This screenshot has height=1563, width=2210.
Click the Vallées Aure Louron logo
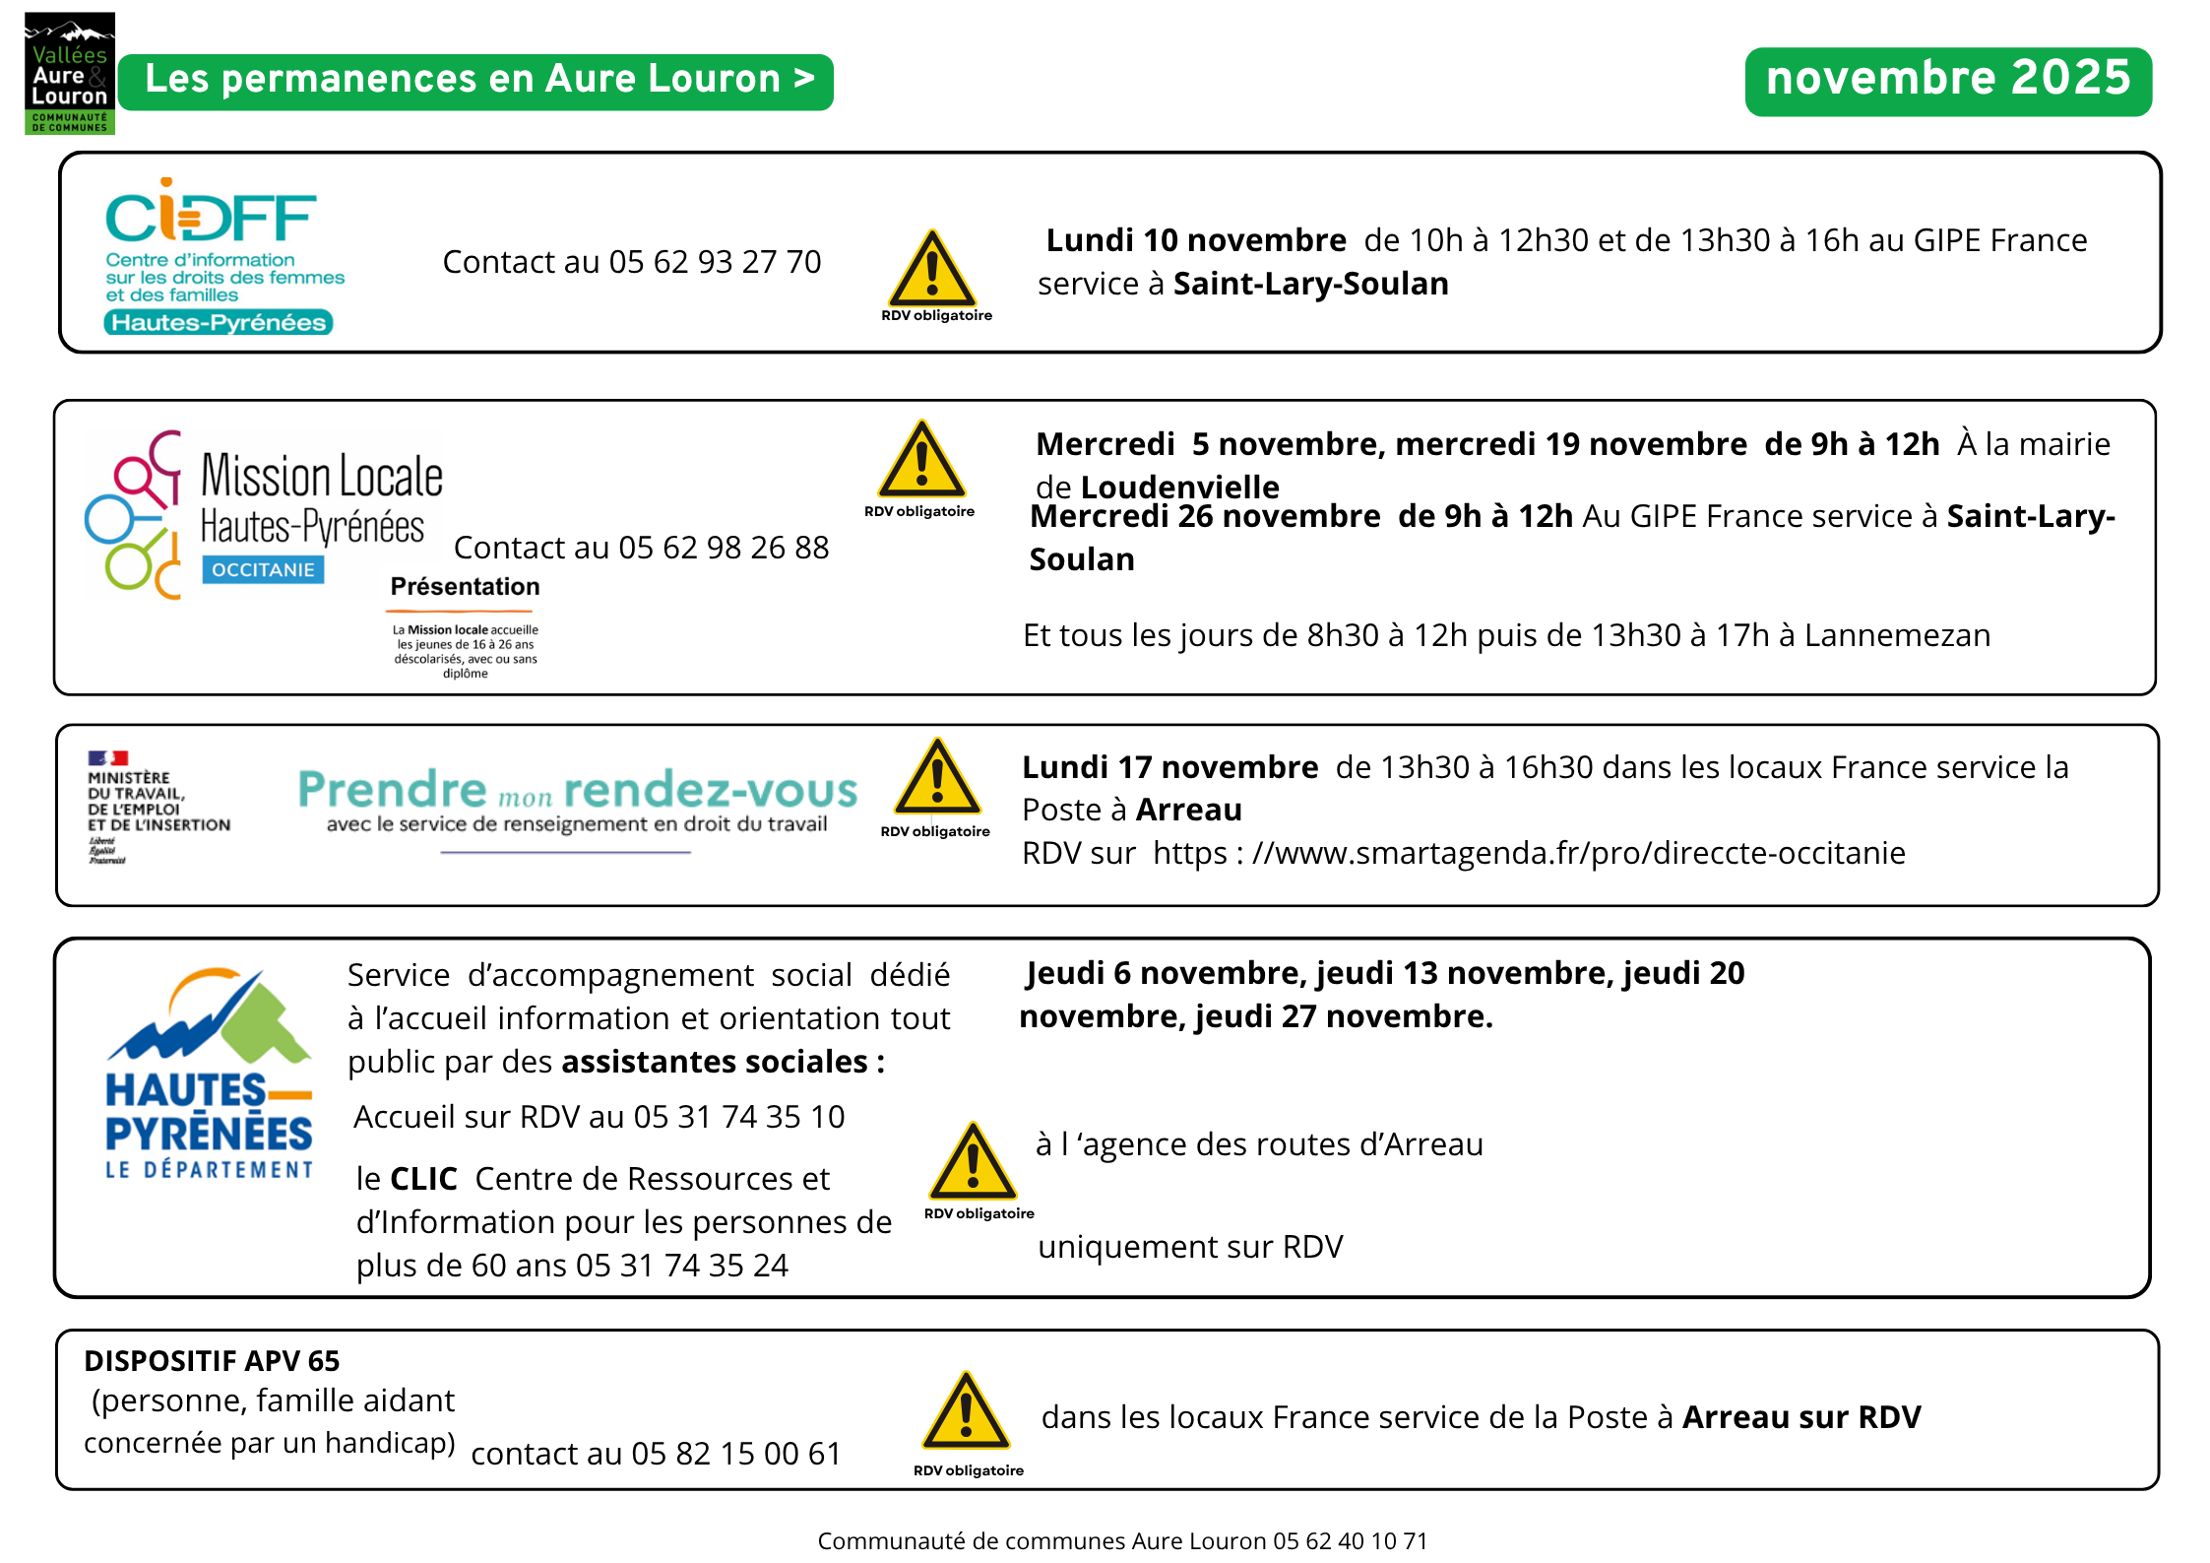click(x=69, y=74)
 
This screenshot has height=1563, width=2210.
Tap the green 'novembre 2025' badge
click(x=1947, y=80)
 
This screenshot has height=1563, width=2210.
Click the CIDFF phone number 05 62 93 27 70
click(x=715, y=262)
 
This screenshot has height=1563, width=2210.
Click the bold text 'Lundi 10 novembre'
click(x=1195, y=240)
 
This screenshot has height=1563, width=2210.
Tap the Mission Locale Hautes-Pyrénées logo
click(x=264, y=514)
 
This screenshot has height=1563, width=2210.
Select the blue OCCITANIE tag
click(x=263, y=570)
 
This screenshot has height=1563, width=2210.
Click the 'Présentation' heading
click(x=465, y=587)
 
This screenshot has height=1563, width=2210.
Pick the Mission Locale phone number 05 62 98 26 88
click(x=724, y=548)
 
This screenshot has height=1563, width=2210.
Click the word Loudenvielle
click(x=1179, y=487)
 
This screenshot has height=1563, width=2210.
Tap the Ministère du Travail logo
click(x=158, y=808)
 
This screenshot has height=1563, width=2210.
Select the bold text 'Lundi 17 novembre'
click(x=1169, y=767)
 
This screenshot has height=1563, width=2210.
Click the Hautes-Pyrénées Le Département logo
click(x=209, y=1074)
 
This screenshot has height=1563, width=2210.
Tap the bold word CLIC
click(x=423, y=1179)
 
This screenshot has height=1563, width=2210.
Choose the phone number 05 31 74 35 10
click(x=738, y=1117)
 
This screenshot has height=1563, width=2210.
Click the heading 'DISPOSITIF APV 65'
click(x=212, y=1361)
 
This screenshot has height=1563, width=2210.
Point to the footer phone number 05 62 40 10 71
click(x=1350, y=1541)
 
